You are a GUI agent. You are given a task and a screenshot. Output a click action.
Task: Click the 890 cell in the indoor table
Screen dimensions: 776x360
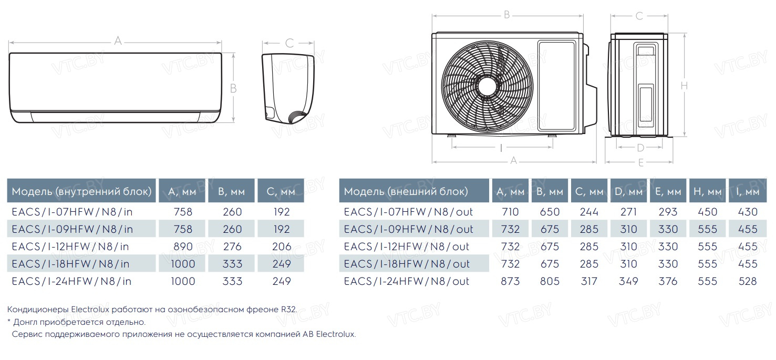[x=183, y=246]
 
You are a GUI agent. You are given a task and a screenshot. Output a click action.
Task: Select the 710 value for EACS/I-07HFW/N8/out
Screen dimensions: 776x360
[x=510, y=212]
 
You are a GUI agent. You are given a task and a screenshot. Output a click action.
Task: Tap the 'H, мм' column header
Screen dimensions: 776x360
[x=707, y=191]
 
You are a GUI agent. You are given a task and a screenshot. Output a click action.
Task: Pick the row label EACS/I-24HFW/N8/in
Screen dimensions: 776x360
[x=71, y=281]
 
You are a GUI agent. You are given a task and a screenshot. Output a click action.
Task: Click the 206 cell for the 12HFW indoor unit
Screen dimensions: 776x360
[x=282, y=246]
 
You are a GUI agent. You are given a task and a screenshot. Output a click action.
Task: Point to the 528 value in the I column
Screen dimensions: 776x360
[x=748, y=281]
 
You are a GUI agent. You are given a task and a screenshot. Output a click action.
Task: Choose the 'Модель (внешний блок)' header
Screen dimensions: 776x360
[x=406, y=191]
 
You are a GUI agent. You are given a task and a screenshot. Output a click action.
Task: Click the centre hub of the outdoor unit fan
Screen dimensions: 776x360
[x=488, y=86]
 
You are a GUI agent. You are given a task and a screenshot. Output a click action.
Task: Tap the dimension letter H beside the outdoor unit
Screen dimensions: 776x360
[x=684, y=86]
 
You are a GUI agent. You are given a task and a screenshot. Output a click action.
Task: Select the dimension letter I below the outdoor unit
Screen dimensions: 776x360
[x=501, y=148]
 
